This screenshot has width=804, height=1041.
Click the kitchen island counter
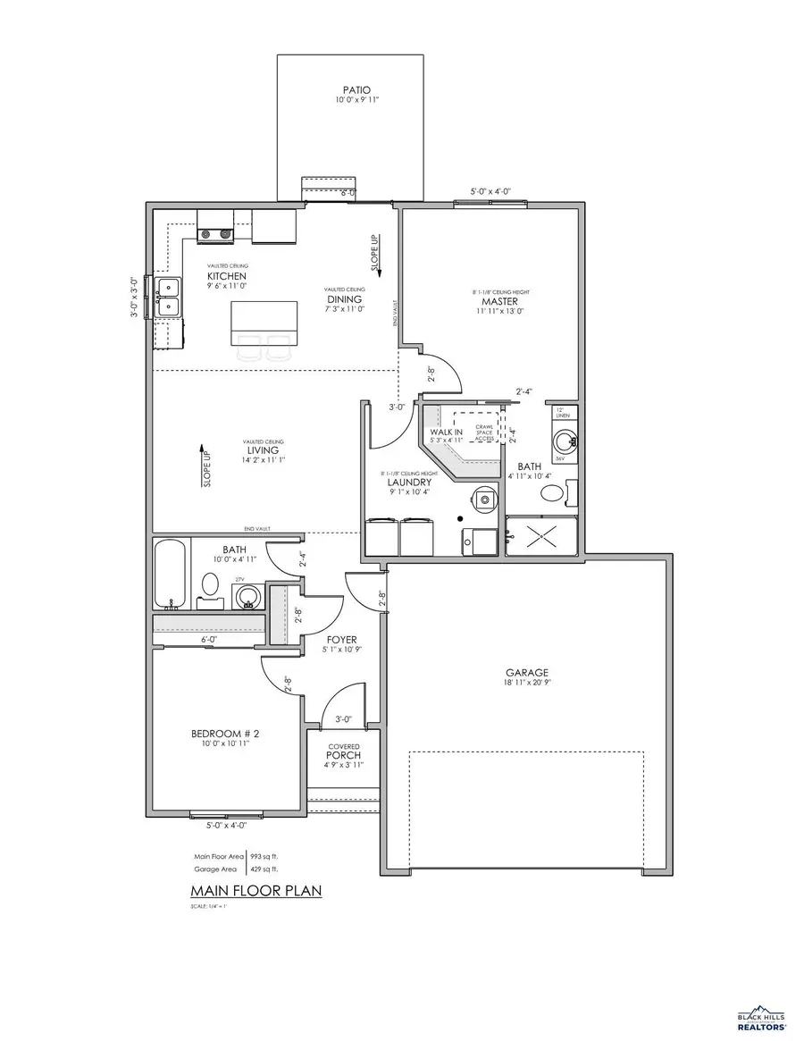tap(264, 322)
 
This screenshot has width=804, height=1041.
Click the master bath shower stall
tap(541, 535)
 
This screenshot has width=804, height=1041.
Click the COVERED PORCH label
tap(343, 751)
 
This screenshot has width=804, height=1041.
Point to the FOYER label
tap(341, 640)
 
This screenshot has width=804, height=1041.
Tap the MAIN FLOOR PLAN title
tap(255, 891)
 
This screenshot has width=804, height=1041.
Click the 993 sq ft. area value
tap(264, 855)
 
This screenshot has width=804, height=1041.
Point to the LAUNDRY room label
tap(410, 482)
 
